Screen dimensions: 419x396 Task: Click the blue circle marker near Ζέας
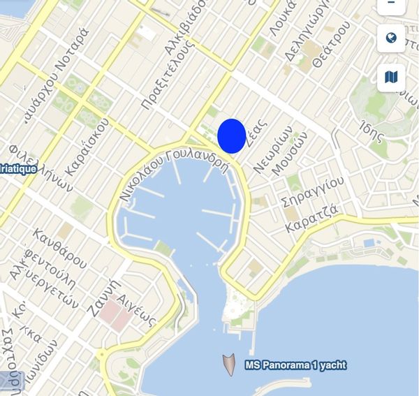[231, 135]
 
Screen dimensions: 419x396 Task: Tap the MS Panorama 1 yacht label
[295, 365]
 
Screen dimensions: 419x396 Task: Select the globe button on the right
[391, 38]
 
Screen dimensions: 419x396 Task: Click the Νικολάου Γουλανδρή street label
[174, 175]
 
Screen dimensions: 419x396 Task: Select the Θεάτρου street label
[331, 43]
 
